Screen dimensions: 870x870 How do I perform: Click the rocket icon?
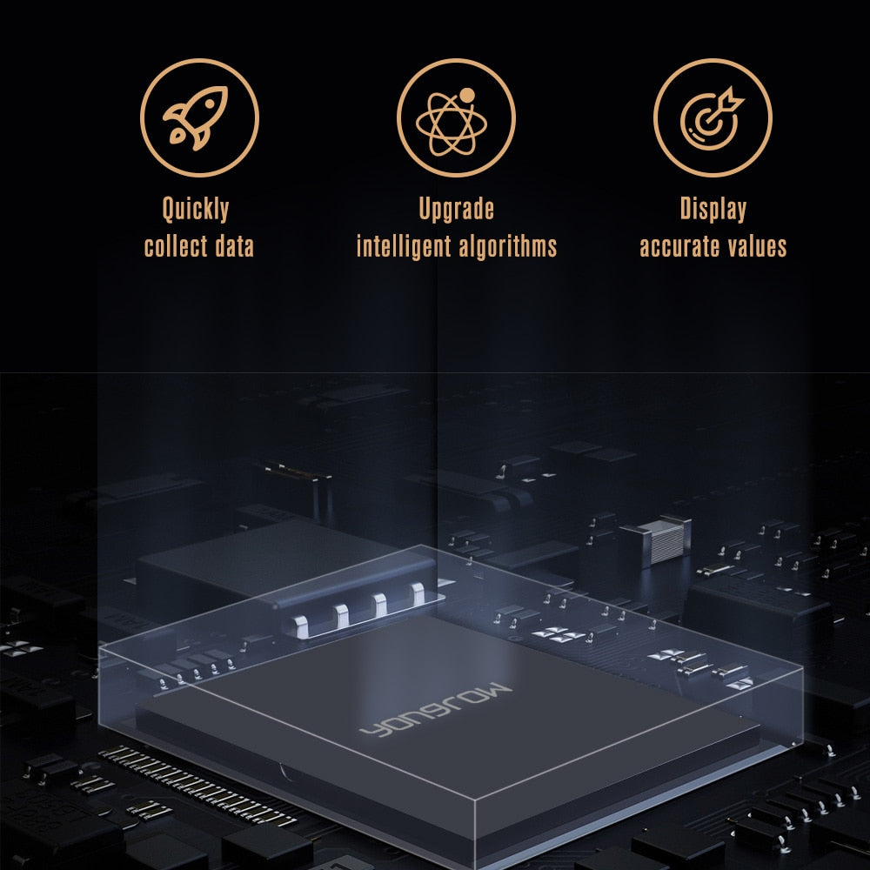coord(195,118)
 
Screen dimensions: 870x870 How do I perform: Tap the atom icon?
coord(452,122)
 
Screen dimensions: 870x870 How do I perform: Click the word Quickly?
coord(196,210)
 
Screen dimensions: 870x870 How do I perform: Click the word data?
coord(234,246)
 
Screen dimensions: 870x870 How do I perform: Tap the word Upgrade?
coord(456,210)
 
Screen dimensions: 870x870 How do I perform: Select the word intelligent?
coord(404,247)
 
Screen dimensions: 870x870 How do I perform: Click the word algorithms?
coord(507,247)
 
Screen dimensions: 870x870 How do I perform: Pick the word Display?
coord(713,210)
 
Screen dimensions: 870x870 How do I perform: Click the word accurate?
coord(679,247)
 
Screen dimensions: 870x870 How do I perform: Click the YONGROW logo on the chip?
coord(436,710)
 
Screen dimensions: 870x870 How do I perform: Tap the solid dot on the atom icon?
coord(467,96)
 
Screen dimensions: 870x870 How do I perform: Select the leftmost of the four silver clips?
coord(300,626)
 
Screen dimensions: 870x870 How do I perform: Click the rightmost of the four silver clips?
coord(418,593)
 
